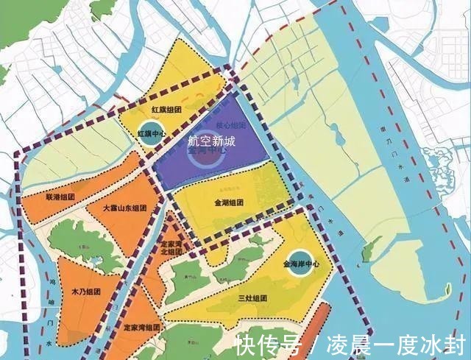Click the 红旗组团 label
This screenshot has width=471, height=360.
click(x=166, y=110)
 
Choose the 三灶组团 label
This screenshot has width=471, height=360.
click(x=251, y=298)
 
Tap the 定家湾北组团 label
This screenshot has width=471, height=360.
click(x=175, y=247)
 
